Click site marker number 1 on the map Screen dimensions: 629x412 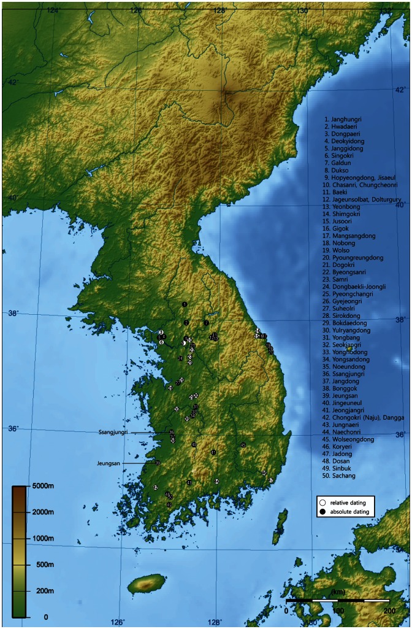184,304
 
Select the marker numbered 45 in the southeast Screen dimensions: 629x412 243,444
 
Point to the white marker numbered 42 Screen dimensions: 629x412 156,487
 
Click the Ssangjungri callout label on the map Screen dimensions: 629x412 113,433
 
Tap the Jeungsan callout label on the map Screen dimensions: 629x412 109,463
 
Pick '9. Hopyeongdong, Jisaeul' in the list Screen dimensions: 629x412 362,177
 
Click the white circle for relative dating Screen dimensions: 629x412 322,503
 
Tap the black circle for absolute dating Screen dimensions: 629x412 322,512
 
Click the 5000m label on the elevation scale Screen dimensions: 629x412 45,486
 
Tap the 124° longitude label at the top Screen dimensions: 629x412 53,10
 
